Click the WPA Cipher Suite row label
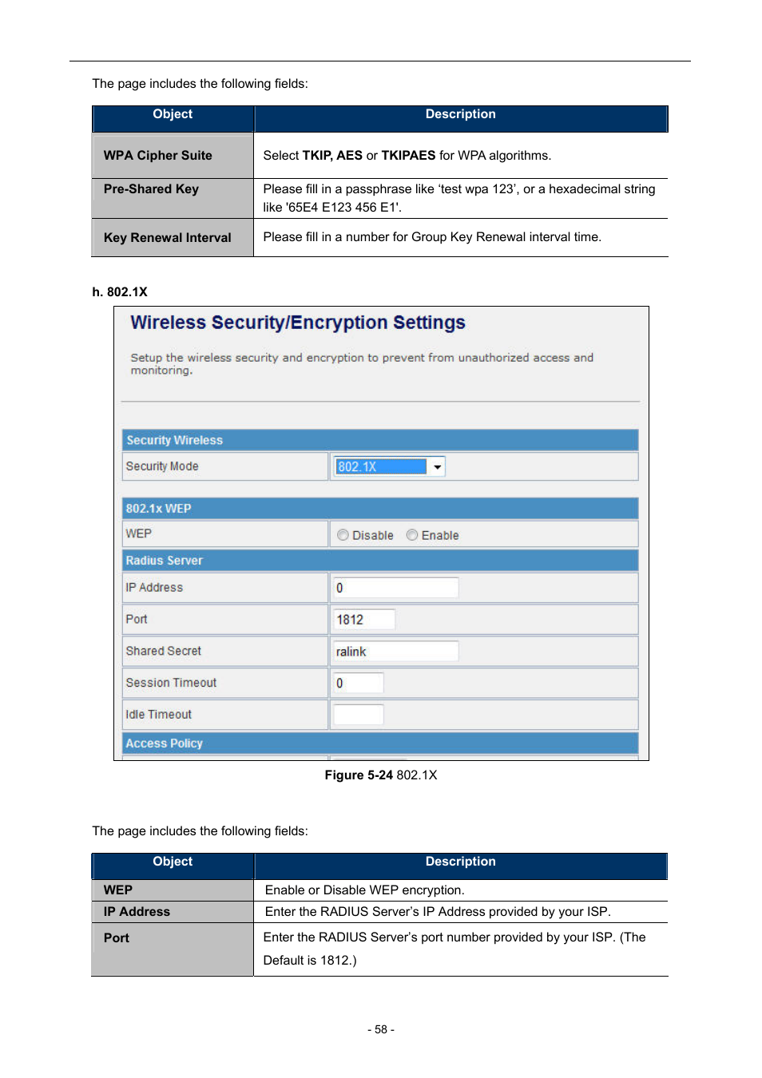(157, 156)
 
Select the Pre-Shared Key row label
(151, 189)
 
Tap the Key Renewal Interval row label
(167, 238)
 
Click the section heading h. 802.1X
(120, 292)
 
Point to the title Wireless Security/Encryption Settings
(297, 323)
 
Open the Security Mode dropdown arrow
(437, 467)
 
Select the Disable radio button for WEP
(343, 535)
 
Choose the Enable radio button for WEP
(412, 535)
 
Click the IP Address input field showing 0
(395, 588)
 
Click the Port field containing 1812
(363, 620)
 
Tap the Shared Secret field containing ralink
(395, 652)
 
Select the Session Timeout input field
(358, 684)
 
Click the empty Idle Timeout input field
(358, 715)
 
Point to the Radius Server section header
(164, 561)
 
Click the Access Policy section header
(164, 743)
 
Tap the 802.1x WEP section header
(158, 509)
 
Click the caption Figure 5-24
(359, 775)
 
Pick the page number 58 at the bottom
(381, 1030)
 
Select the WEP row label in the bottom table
(118, 890)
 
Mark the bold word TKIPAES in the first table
(408, 156)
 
